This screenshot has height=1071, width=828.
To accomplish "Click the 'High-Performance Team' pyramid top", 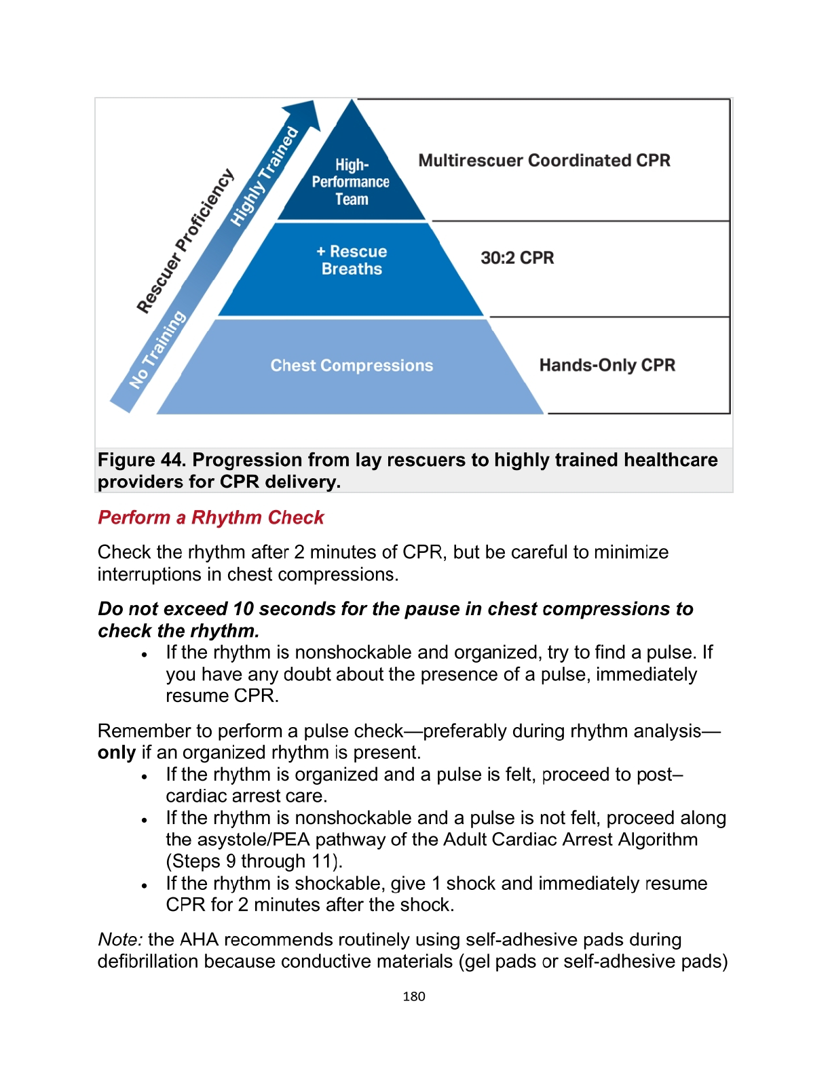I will (x=351, y=181).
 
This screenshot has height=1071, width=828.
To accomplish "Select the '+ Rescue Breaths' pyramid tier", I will (x=352, y=260).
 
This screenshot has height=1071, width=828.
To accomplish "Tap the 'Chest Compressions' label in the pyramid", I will (x=352, y=366).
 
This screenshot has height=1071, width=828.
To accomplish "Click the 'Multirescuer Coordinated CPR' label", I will (x=544, y=161).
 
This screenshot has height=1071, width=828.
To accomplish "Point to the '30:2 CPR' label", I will (x=517, y=258).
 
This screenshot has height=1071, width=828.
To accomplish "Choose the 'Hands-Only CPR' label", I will (x=607, y=366).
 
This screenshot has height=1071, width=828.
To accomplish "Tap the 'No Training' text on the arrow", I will (x=157, y=350).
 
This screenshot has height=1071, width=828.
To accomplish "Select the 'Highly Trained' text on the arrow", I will (x=264, y=176).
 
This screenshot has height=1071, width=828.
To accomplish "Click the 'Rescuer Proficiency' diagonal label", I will (x=185, y=241).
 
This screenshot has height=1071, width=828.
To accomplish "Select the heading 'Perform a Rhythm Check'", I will (x=210, y=518).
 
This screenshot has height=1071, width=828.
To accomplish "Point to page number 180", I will (x=414, y=996).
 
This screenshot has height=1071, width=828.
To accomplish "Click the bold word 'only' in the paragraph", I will (x=116, y=753).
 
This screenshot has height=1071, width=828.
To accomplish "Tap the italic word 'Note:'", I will (x=120, y=939).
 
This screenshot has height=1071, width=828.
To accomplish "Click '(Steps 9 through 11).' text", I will (x=255, y=861).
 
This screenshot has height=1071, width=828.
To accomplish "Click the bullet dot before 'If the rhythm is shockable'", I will (x=145, y=885).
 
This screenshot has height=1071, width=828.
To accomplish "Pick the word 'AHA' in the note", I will (x=198, y=939).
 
